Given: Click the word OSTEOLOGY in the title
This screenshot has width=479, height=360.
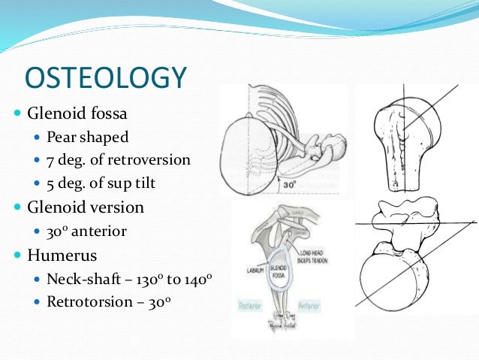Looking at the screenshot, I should (105, 79).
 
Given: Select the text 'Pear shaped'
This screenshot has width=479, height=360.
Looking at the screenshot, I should (87, 138).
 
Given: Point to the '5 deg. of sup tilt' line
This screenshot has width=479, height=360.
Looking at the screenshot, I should (101, 181).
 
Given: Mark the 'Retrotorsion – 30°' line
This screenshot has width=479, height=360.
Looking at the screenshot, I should (109, 301).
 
